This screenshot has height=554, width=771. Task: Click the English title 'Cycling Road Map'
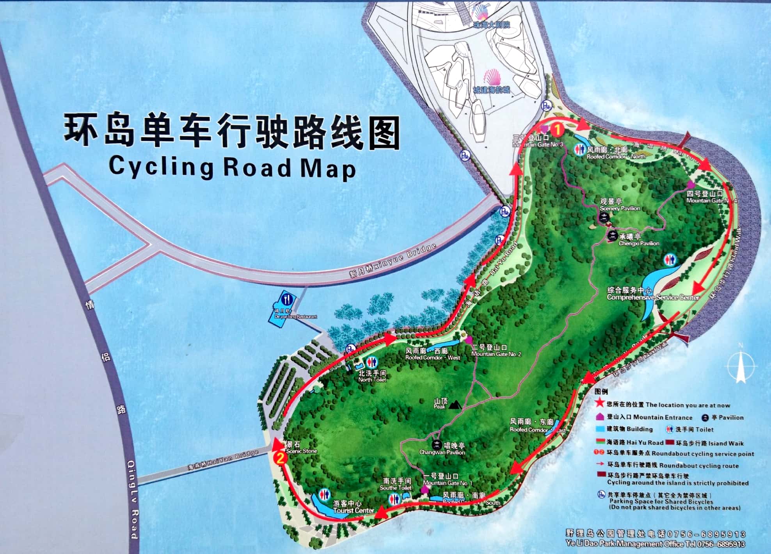pos(232,167)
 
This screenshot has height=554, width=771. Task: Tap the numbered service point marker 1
pos(557,129)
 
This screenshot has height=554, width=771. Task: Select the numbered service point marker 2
pos(280,457)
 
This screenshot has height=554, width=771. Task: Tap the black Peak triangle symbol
pos(454,405)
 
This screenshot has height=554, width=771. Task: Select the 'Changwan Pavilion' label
pos(442,452)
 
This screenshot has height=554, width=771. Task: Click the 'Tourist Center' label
pos(354,510)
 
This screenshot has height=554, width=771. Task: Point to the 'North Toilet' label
pos(372,380)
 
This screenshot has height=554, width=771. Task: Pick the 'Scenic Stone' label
pos(301,451)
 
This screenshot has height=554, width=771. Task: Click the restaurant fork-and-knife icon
pos(287,300)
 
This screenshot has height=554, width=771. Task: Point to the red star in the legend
pos(599,403)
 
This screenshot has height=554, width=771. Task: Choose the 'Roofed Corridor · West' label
pos(433,357)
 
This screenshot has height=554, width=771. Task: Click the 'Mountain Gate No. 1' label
pos(447,483)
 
